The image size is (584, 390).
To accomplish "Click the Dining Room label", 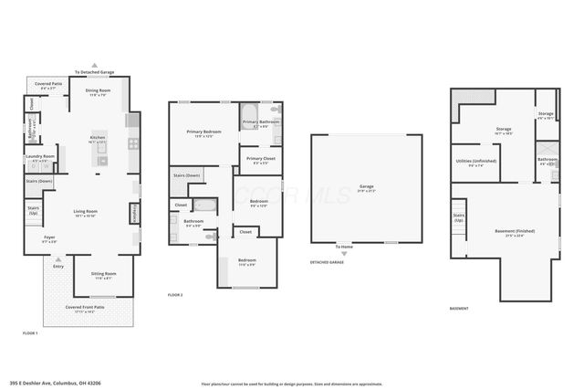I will [98, 91].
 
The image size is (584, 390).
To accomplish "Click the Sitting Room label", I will [103, 275].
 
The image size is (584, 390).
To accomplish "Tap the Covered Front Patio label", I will [86, 309].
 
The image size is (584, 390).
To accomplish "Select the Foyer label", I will [49, 239].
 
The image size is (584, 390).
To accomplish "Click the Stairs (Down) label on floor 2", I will [186, 175].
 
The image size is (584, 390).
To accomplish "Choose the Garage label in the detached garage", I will [366, 187].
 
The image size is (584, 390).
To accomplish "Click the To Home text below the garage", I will [344, 247].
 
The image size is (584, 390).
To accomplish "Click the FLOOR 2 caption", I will [175, 295].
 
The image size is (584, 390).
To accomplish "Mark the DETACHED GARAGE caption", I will [327, 261].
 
